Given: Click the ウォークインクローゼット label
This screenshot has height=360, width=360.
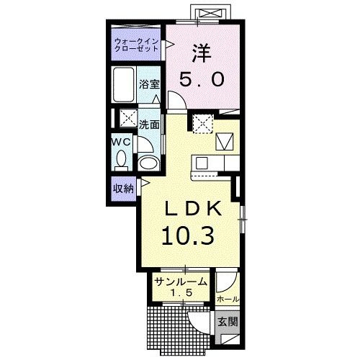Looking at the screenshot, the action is (x=137, y=45).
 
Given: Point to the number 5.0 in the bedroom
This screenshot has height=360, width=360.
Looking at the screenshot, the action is (x=202, y=79).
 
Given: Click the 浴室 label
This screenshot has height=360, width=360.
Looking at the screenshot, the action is (x=149, y=84).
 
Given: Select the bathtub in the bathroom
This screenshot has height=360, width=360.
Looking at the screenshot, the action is (x=124, y=84).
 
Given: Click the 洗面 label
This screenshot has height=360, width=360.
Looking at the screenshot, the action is (x=149, y=125).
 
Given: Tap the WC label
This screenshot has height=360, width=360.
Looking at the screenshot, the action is (x=122, y=143).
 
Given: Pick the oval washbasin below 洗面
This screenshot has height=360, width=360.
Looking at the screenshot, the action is (x=149, y=163).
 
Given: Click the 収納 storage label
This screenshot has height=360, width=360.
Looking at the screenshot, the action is (x=123, y=189).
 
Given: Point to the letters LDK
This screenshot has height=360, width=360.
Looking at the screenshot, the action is (x=192, y=209).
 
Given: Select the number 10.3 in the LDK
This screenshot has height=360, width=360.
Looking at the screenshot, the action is (x=188, y=236).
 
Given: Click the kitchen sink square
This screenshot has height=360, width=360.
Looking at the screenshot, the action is (x=202, y=163).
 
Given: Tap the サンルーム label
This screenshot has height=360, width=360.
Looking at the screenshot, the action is (x=181, y=282).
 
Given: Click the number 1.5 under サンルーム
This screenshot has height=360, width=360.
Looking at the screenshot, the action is (x=181, y=292).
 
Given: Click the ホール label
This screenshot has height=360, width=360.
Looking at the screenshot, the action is (x=228, y=299).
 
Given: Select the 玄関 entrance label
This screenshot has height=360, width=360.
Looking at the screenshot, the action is (x=228, y=321).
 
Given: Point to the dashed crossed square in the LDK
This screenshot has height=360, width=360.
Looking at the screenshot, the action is (x=203, y=124).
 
